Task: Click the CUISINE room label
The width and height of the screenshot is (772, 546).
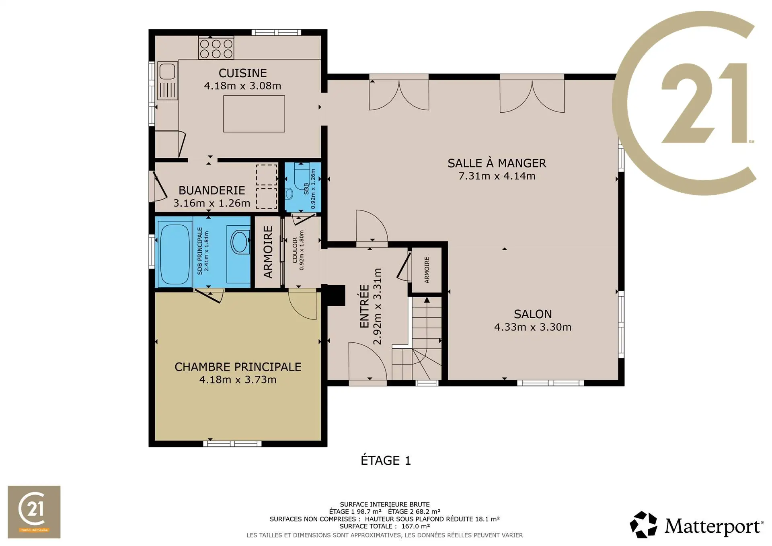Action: point(242,73)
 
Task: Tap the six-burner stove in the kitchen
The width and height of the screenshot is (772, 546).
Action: point(216,48)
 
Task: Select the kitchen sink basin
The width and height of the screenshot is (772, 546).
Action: point(167,72)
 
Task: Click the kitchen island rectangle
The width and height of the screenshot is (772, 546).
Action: point(254,114)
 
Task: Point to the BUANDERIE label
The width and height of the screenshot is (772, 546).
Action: point(212,190)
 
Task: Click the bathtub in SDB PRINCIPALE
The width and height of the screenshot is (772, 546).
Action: point(174,254)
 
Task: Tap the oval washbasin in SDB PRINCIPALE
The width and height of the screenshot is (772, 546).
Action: point(240,241)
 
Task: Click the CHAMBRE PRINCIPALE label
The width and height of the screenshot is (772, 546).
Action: point(238,367)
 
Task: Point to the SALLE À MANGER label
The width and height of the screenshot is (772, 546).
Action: point(497,163)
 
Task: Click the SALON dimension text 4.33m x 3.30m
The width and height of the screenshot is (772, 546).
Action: point(533,327)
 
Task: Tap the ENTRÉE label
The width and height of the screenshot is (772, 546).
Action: point(364,306)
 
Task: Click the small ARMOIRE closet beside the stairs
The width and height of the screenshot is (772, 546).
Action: point(427,270)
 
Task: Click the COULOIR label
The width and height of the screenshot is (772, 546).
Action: point(295,250)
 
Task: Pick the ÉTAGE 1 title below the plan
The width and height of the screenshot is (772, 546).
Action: point(386,460)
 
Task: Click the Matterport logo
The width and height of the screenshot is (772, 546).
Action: point(696,525)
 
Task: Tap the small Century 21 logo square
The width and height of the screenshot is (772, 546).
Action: point(34,512)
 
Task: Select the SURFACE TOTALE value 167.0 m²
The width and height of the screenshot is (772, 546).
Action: point(416,526)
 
